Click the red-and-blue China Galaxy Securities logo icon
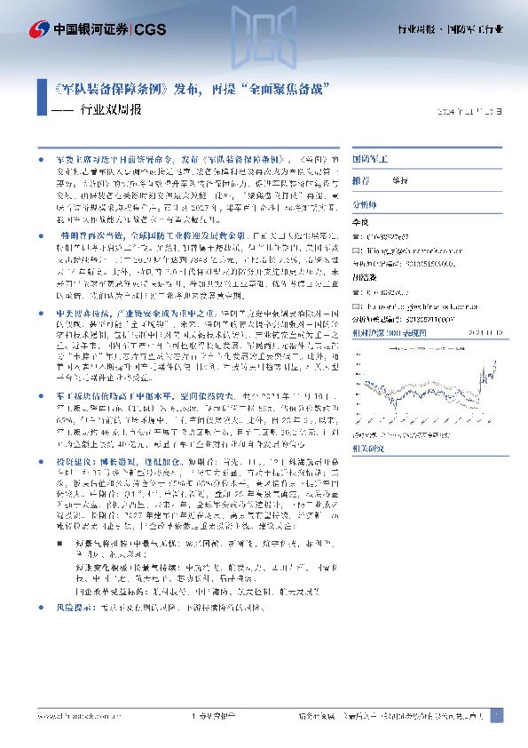(39, 28)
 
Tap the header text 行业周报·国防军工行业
(449, 29)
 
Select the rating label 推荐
(361, 179)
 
